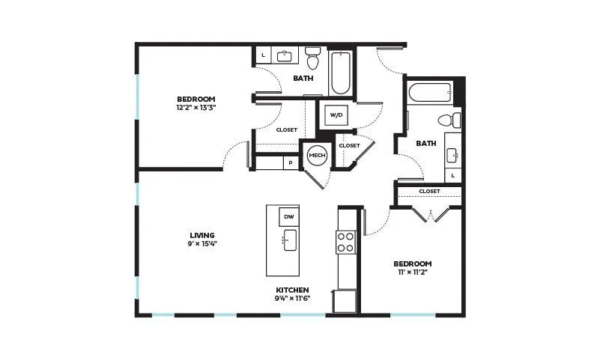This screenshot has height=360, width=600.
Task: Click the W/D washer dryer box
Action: point(336,115)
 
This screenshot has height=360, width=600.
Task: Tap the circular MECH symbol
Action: point(317,155)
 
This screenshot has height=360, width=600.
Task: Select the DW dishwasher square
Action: point(289,217)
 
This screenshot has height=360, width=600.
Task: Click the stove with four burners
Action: point(346,242)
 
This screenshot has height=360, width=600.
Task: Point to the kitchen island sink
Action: point(290,240)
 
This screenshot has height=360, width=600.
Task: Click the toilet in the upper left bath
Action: point(313,58)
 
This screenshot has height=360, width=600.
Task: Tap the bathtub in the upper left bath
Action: point(341,73)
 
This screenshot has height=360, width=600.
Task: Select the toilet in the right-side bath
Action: point(449,120)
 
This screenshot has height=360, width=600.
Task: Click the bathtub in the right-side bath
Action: point(430,93)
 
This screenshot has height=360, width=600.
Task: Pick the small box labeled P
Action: point(291,163)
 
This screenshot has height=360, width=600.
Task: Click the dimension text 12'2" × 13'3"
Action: point(196,108)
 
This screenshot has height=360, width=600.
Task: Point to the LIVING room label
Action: point(202,235)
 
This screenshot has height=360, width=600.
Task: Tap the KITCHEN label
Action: point(292,290)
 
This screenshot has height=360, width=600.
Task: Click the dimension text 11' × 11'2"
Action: point(413,272)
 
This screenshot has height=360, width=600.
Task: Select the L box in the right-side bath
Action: point(453,176)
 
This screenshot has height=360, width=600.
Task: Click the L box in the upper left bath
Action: point(263,55)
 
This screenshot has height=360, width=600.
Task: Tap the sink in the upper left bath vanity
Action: point(284,56)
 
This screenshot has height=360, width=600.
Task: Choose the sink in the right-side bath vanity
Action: point(452,156)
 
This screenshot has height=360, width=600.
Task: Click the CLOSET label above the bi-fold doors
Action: point(429,191)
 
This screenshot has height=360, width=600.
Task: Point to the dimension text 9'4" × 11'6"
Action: point(292,299)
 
